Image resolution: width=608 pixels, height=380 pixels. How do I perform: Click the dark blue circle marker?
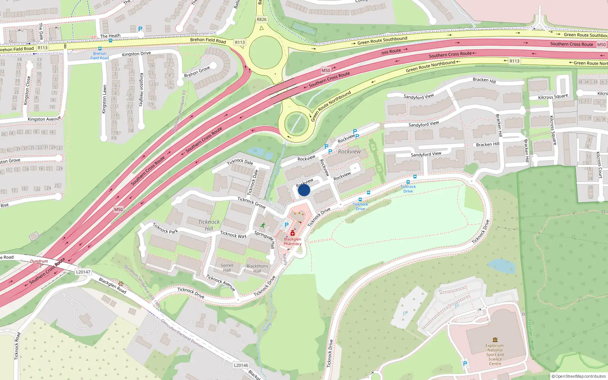click(304, 190)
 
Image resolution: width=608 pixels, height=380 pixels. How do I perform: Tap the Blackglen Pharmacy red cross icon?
click(292, 233)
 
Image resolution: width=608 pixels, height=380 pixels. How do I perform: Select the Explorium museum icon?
click(495, 340)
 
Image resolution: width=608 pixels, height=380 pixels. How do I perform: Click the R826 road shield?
click(261, 19)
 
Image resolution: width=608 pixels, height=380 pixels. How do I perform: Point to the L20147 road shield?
click(83, 272)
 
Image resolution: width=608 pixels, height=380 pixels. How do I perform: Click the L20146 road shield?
click(241, 365)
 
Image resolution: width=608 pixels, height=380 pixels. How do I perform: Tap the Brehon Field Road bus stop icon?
click(100, 49)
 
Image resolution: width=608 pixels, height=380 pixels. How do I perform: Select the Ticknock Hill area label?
click(209, 225)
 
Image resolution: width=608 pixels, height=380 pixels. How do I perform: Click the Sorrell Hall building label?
click(227, 268)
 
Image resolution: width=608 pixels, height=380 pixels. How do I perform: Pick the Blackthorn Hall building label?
click(257, 268)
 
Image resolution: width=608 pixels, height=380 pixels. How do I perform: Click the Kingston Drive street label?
click(136, 54)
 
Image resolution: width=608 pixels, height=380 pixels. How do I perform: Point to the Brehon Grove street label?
click(197, 71)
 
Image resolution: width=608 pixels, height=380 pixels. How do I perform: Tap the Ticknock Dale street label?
click(240, 162)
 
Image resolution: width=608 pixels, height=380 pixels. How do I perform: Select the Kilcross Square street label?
click(553, 130)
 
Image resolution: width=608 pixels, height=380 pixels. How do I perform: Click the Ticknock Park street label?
click(165, 228)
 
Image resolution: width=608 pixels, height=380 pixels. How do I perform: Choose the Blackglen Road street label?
click(112, 285)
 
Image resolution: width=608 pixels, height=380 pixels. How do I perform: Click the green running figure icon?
click(263, 225)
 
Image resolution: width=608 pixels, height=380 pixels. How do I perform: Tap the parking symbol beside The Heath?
click(140, 28)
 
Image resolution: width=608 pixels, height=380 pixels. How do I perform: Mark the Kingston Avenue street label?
click(44, 119)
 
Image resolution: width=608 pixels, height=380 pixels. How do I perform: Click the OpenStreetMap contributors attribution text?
click(578, 376)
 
